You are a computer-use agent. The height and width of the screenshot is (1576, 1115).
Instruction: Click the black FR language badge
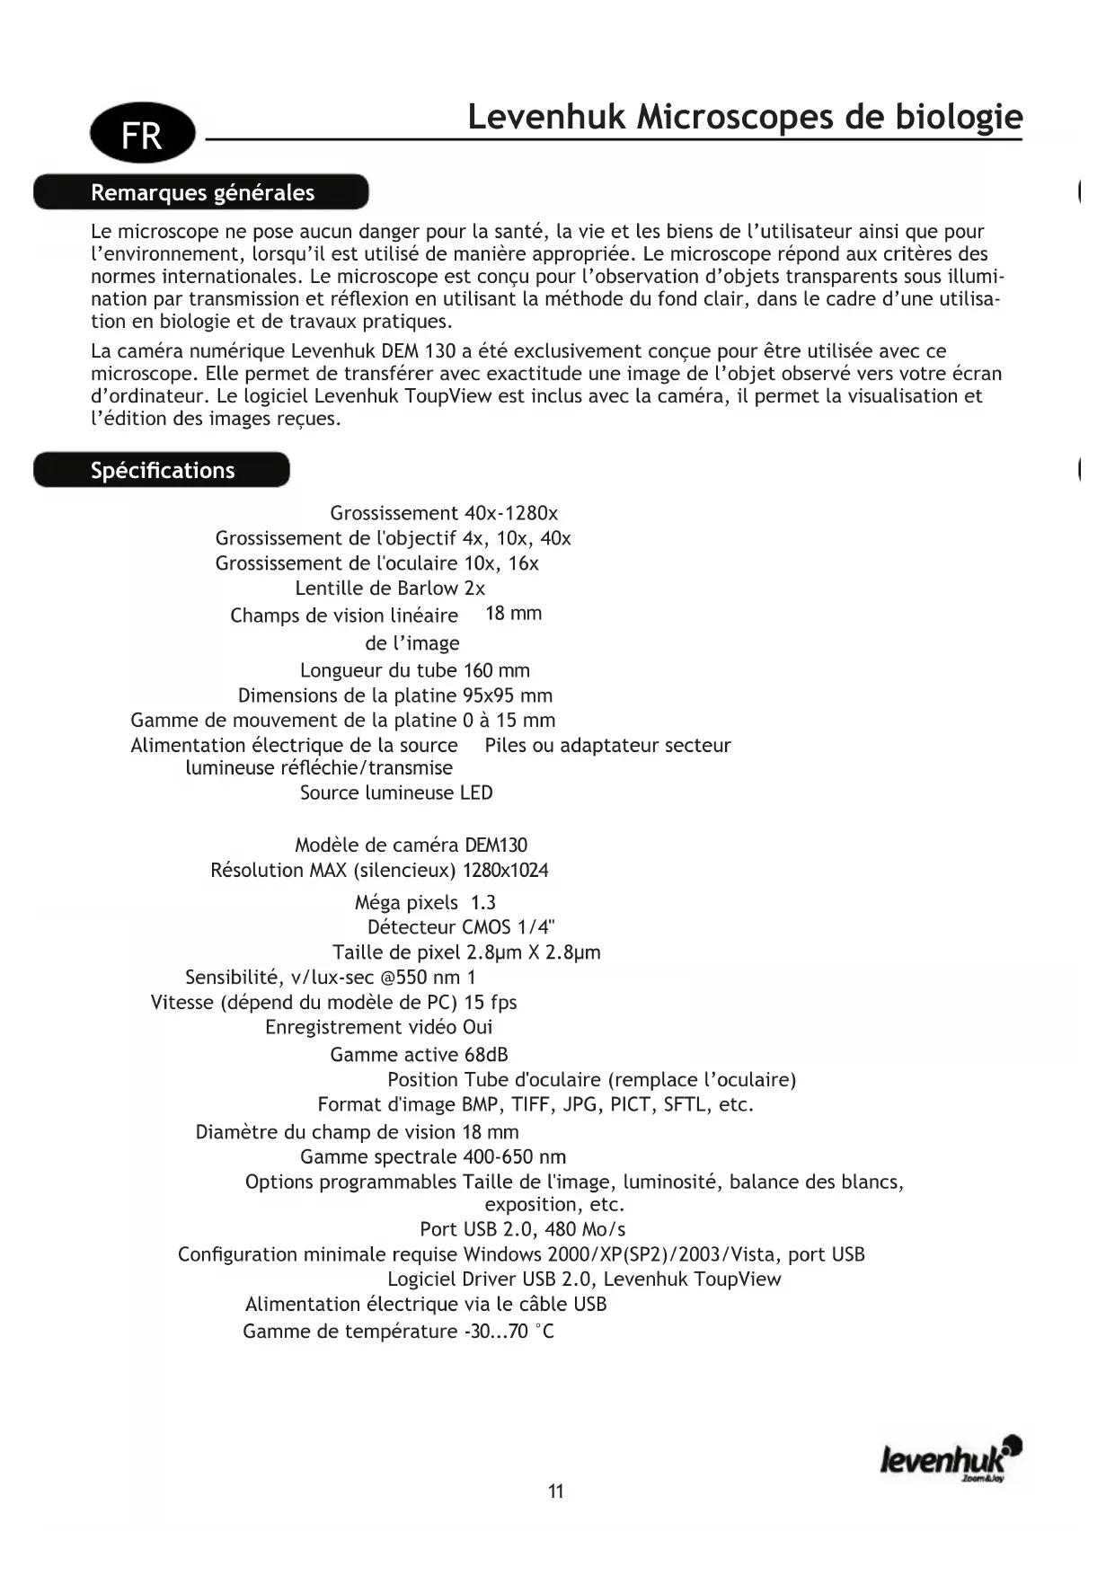pyautogui.click(x=142, y=133)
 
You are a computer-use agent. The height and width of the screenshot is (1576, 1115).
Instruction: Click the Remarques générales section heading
pyautogui.click(x=201, y=192)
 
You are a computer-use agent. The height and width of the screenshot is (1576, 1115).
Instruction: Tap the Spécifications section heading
pyautogui.click(x=162, y=470)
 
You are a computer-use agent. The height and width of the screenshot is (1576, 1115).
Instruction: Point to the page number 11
pyautogui.click(x=556, y=1491)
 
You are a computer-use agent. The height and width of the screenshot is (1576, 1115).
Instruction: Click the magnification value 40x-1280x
pyautogui.click(x=511, y=513)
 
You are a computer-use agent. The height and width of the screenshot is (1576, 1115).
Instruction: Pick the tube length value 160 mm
pyautogui.click(x=497, y=670)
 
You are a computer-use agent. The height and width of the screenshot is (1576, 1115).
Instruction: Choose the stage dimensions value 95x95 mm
pyautogui.click(x=508, y=695)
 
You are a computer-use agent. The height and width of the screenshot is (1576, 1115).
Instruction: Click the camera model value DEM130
pyautogui.click(x=496, y=846)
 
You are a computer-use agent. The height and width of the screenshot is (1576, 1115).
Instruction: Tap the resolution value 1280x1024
pyautogui.click(x=506, y=871)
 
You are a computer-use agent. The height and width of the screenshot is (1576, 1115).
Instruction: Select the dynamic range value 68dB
pyautogui.click(x=486, y=1055)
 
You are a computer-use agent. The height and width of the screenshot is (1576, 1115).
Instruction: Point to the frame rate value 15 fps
pyautogui.click(x=491, y=1002)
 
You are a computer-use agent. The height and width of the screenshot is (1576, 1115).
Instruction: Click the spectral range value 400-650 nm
pyautogui.click(x=515, y=1157)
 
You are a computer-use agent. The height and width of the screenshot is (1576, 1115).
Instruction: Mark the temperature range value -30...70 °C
pyautogui.click(x=509, y=1332)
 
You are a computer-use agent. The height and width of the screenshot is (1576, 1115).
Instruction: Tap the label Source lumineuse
pyautogui.click(x=377, y=792)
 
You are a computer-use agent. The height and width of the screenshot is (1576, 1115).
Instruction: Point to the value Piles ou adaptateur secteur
pyautogui.click(x=607, y=745)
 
